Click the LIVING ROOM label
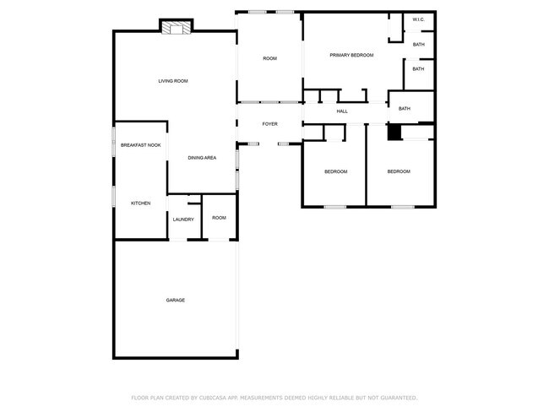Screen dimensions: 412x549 click(172, 81)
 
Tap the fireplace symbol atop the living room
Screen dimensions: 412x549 click(176, 28)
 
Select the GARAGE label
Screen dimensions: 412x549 click(175, 300)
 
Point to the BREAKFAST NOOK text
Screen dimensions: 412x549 click(140, 145)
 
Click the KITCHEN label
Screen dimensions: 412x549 click(140, 203)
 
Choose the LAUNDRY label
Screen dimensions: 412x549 click(183, 220)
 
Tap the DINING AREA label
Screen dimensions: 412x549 click(202, 158)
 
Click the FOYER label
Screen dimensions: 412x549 click(269, 124)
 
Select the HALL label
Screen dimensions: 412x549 click(342, 111)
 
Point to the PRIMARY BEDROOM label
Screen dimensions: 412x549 click(351, 56)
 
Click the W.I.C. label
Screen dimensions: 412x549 click(418, 19)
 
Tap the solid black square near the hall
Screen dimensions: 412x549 click(394, 132)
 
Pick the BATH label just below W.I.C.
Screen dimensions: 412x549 click(418, 44)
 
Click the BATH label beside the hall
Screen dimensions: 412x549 click(405, 108)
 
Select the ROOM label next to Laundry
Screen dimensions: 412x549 click(219, 218)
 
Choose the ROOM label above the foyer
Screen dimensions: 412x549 click(269, 58)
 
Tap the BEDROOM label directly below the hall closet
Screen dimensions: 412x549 click(335, 171)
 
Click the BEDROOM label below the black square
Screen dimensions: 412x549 click(399, 171)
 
